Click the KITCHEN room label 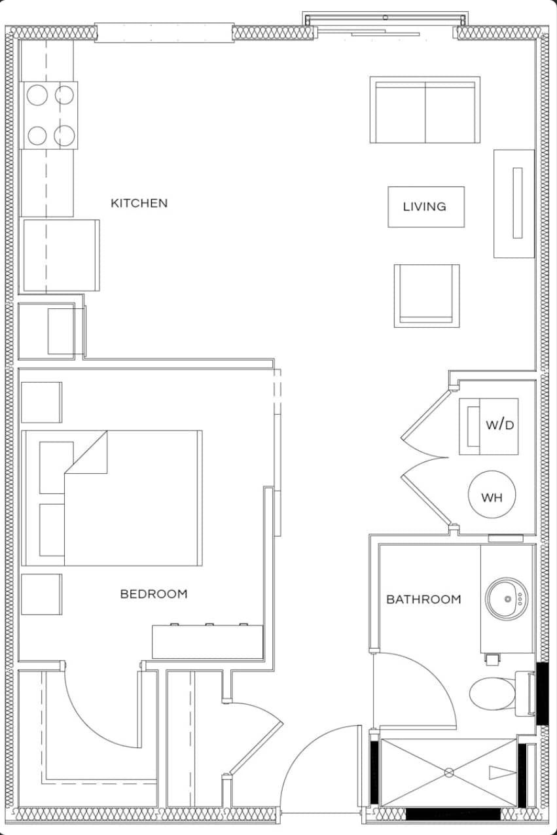coord(139,203)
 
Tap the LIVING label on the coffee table coord(425,207)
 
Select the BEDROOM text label coord(154,594)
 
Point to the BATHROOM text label coord(423,599)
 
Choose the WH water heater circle coord(492,497)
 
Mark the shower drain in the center coord(449,773)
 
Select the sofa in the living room coord(425,110)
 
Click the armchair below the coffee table coord(426,295)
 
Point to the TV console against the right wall coord(514,204)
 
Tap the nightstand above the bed coord(41,402)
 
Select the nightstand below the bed coord(41,594)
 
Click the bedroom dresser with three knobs coord(207,641)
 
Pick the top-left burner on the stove coord(37,96)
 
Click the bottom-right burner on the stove coord(64,135)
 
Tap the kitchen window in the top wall coord(164,33)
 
